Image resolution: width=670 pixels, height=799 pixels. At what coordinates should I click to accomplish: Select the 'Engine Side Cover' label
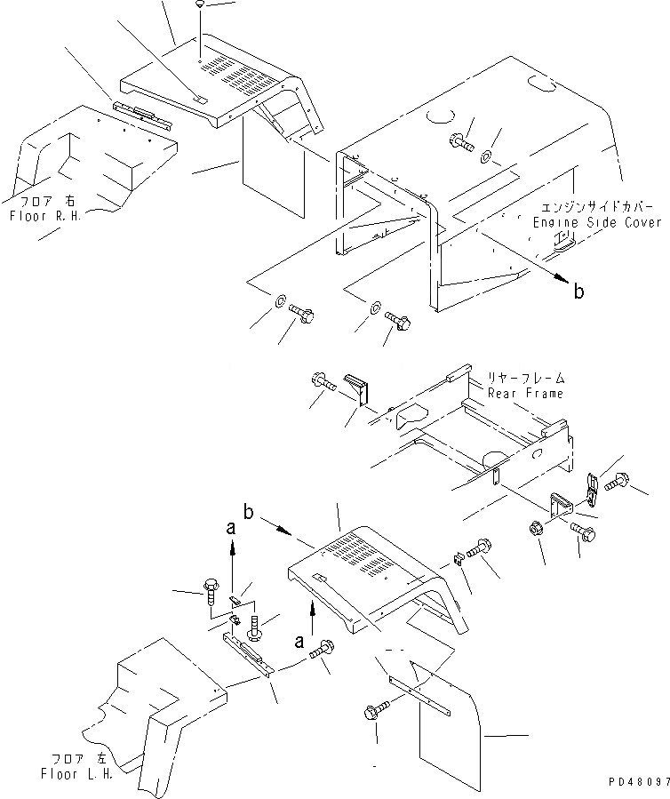(597, 223)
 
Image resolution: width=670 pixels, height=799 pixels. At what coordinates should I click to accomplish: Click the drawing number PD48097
(635, 783)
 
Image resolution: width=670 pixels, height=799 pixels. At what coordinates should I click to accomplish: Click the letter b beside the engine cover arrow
(578, 290)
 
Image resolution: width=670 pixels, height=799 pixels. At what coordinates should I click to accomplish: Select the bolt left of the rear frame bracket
(323, 381)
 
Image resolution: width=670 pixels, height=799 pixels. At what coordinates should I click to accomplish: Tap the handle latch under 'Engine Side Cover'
(565, 242)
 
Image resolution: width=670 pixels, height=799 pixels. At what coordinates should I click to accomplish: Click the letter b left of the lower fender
(250, 513)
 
